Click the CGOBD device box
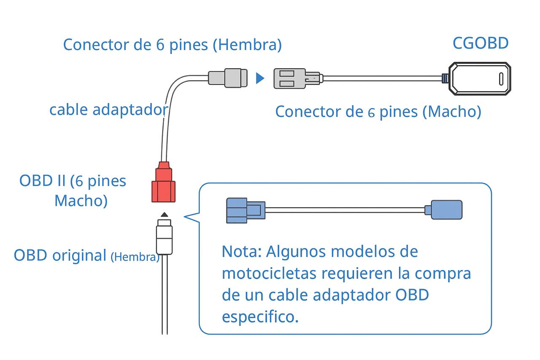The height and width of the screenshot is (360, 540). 479,78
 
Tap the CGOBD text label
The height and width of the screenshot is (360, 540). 480,43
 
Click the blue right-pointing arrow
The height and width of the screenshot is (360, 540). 260,78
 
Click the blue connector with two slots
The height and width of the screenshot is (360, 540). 245,210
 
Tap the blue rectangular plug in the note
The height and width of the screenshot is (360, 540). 445,210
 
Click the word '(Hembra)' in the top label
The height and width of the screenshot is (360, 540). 247,45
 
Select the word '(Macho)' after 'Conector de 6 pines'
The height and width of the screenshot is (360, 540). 451,112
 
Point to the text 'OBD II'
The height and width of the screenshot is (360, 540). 42,181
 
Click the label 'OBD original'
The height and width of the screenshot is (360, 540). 60,256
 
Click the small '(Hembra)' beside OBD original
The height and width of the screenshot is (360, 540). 135,257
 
